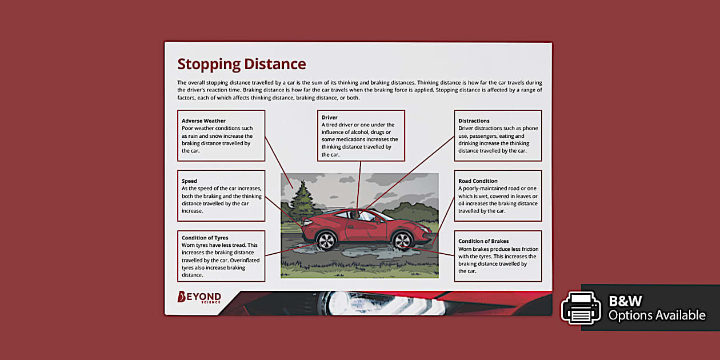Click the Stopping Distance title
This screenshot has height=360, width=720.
241,64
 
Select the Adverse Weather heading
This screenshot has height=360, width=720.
203,121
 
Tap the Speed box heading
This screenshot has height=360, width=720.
189,181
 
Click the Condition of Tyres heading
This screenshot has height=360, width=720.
205,238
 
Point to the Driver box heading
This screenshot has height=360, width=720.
329,118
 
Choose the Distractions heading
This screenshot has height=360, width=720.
474,121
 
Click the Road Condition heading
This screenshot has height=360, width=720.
478,181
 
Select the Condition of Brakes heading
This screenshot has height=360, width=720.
483,241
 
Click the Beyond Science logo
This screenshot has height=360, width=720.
199,297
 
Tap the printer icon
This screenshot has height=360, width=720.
581,307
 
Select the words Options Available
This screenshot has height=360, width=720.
657,315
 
